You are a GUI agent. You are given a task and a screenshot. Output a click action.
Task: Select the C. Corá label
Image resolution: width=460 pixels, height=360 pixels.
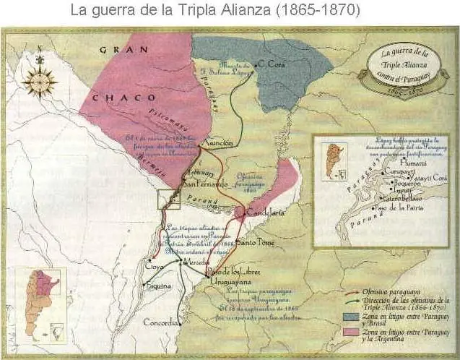[x=272, y=64]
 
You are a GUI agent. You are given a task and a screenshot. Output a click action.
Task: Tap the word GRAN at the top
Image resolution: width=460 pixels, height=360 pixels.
[x=118, y=50]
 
